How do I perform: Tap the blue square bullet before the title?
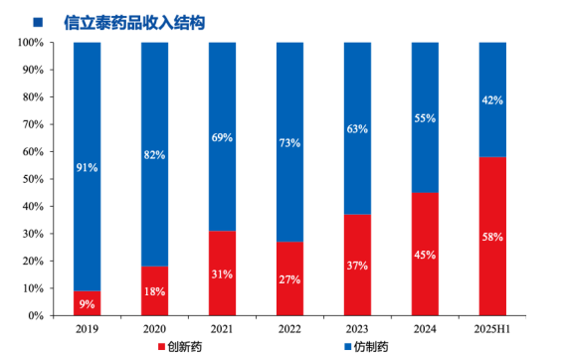pyautogui.click(x=38, y=20)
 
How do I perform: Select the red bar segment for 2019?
pyautogui.click(x=88, y=302)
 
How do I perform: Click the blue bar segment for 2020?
pyautogui.click(x=154, y=154)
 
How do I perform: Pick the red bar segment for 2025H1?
pyautogui.click(x=492, y=236)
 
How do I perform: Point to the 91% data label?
pyautogui.click(x=88, y=167)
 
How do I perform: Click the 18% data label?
pyautogui.click(x=154, y=290)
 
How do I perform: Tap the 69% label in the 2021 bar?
pyautogui.click(x=222, y=137)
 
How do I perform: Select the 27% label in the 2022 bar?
pyautogui.click(x=289, y=278)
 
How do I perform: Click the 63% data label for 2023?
pyautogui.click(x=357, y=128)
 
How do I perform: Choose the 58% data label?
pyautogui.click(x=492, y=237)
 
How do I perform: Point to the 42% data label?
pyautogui.click(x=492, y=99)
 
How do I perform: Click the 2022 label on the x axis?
pyautogui.click(x=289, y=328)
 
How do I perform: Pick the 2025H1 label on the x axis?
pyautogui.click(x=492, y=328)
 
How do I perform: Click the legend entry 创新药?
pyautogui.click(x=184, y=347)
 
